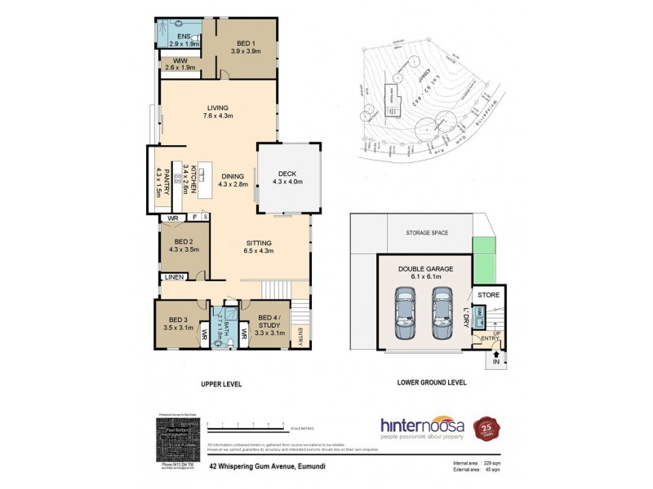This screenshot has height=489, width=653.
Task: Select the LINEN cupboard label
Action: (x=174, y=279)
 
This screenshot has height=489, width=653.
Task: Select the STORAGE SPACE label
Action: (x=427, y=233)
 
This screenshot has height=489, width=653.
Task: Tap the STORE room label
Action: (x=488, y=295)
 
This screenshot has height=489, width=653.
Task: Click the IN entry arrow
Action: (x=495, y=356)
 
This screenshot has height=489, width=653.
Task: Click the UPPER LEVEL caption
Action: (x=221, y=382)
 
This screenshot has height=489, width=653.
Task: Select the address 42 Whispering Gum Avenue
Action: (x=269, y=468)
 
